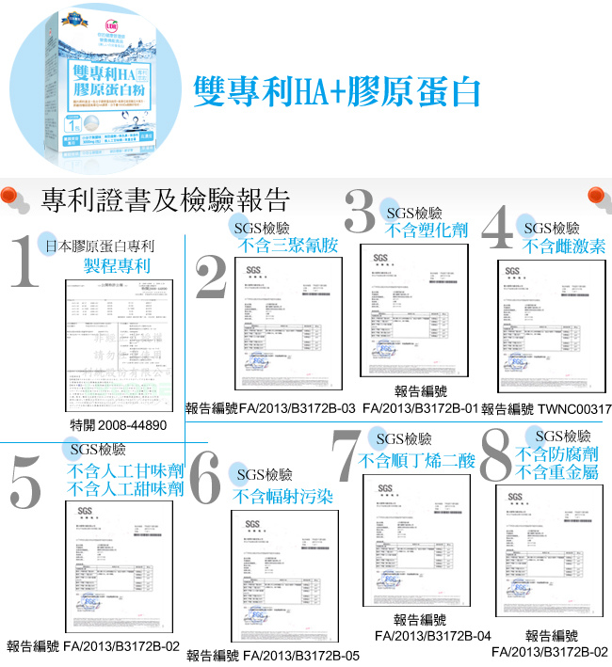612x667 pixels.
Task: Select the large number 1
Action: (23, 261)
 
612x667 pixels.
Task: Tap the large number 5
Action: (25, 482)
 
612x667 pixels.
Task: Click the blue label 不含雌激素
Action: (565, 246)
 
